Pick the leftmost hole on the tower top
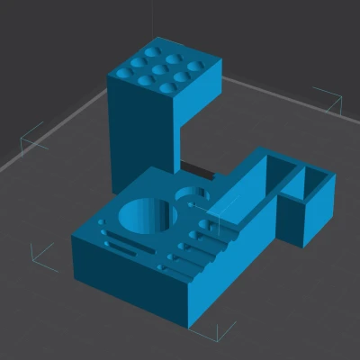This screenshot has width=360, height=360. pos(124,67)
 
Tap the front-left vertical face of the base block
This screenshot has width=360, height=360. pos(126,274)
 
